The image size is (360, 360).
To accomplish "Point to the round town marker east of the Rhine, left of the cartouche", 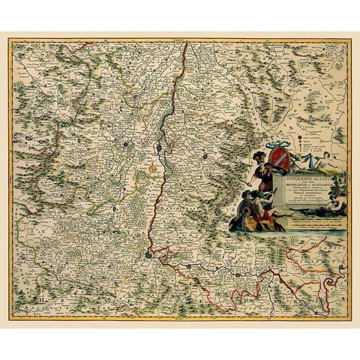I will pyautogui.click(x=204, y=157).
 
